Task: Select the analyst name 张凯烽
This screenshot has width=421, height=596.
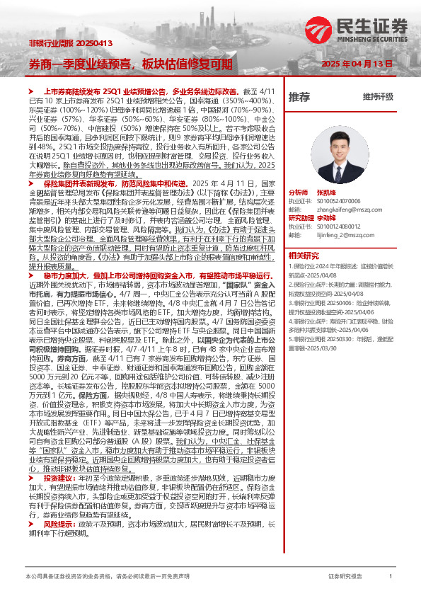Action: click(325, 193)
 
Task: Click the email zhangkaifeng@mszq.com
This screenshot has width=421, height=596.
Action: click(344, 210)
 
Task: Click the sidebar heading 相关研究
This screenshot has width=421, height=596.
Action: click(303, 255)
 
